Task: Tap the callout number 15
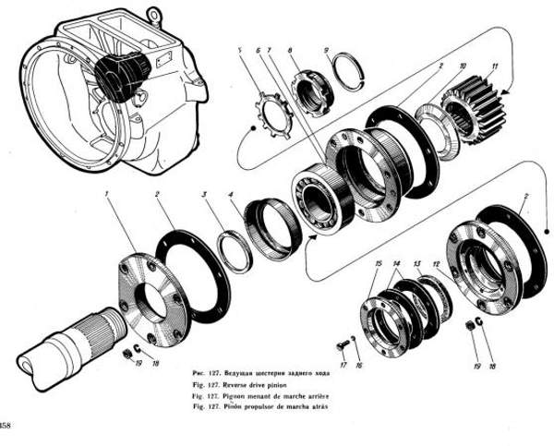tap(378, 264)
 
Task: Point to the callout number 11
tap(495, 66)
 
